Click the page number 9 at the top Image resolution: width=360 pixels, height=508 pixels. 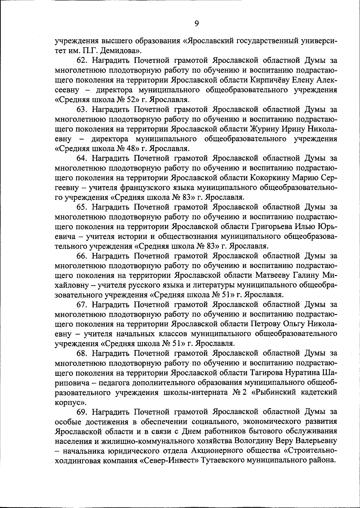(197, 23)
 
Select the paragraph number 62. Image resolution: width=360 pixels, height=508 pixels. (82, 61)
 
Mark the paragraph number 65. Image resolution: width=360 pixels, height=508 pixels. (82, 207)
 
